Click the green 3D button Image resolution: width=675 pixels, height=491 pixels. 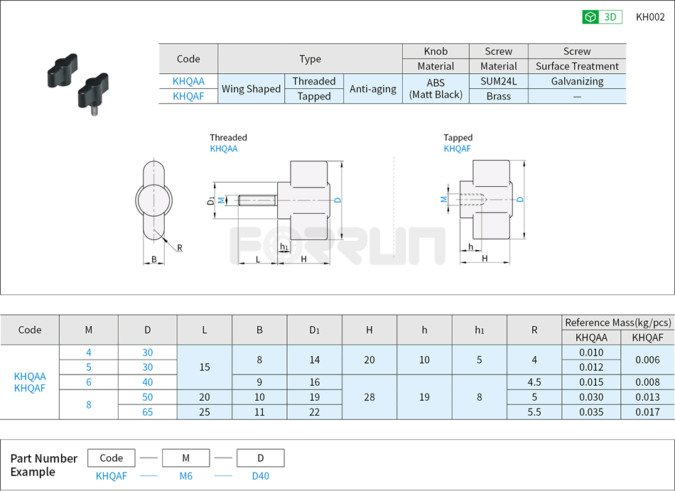pos(602,17)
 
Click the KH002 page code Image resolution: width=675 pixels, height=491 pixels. pos(649,17)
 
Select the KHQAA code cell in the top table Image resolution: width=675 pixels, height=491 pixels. pos(188,81)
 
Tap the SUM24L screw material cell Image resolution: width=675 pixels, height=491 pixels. pos(498,81)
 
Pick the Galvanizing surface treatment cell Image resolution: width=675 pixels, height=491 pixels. pos(577,81)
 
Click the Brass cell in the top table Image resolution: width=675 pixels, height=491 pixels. pos(498,96)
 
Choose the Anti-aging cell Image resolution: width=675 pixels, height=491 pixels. pos(372,89)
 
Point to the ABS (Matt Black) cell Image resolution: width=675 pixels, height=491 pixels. pos(436,89)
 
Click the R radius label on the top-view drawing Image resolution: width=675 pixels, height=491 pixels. pos(180,248)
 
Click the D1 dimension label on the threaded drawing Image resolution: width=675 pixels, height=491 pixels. pos(211,200)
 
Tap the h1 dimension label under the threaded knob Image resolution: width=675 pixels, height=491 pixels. pos(283,247)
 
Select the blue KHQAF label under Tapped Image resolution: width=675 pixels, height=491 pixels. pos(457,149)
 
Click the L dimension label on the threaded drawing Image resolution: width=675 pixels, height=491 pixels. pos(256,259)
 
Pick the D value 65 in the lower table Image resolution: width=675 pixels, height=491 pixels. pos(147,411)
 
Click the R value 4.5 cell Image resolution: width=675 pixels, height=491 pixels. pos(534,382)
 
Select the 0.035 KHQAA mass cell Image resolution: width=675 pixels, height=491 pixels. pos(590,411)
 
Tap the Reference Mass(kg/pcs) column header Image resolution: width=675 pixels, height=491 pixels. pos(617,323)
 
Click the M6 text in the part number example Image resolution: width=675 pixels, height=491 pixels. pos(185,476)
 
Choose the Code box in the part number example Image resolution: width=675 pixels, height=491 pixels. pos(112,458)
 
